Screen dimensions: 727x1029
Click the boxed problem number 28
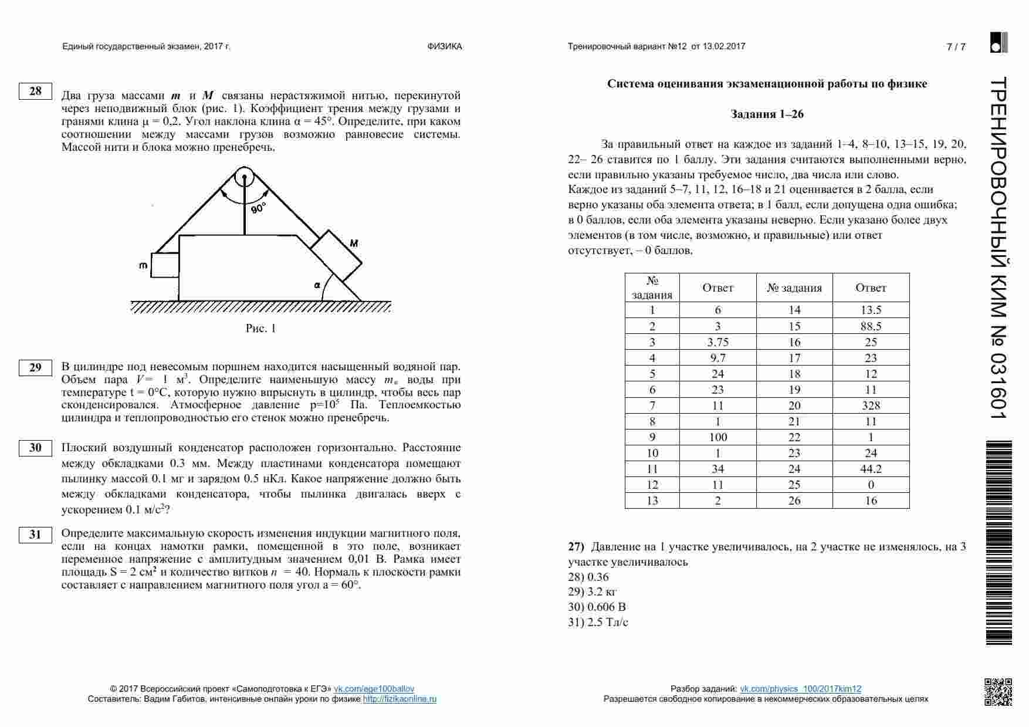pos(35,91)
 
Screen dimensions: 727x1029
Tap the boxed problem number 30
pos(35,448)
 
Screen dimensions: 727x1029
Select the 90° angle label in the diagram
pos(258,208)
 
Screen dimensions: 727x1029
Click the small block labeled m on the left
pos(165,265)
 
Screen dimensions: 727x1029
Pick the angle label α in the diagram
pos(317,285)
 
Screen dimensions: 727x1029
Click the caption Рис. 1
pos(260,329)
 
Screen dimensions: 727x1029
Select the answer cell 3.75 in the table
pos(717,342)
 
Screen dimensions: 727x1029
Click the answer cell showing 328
pos(871,405)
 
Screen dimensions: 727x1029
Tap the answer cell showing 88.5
pos(871,326)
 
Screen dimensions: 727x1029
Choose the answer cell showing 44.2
pos(871,469)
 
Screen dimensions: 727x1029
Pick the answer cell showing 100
pos(717,437)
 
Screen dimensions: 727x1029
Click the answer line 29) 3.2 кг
pos(592,592)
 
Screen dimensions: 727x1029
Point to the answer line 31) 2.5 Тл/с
pos(598,623)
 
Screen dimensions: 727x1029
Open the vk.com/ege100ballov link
pos(374,689)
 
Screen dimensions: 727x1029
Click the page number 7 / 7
pos(956,47)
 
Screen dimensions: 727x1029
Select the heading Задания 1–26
pos(767,114)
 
